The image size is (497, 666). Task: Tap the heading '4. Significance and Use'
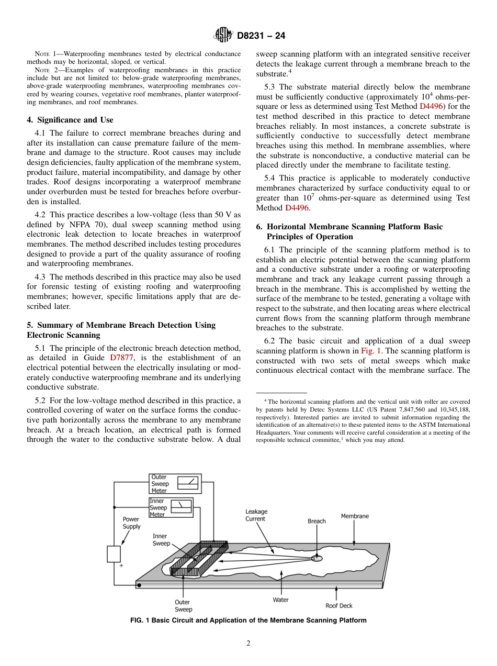click(70, 120)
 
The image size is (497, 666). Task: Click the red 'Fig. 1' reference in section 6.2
click(371, 351)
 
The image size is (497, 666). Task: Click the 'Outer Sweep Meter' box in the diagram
click(175, 484)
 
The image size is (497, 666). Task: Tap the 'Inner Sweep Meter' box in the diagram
click(171, 507)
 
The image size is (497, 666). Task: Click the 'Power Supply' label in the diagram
click(131, 523)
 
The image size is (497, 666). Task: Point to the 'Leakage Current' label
click(256, 515)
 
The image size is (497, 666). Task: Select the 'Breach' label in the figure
click(317, 521)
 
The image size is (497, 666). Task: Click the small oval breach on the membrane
click(317, 558)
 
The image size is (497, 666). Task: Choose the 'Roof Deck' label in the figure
click(339, 606)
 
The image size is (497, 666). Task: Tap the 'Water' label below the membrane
click(280, 600)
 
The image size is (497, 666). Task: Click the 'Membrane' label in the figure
click(355, 516)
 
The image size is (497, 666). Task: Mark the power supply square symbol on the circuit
click(114, 554)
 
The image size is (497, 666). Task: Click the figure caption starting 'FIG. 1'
click(248, 620)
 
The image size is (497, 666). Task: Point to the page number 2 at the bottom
click(249, 643)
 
